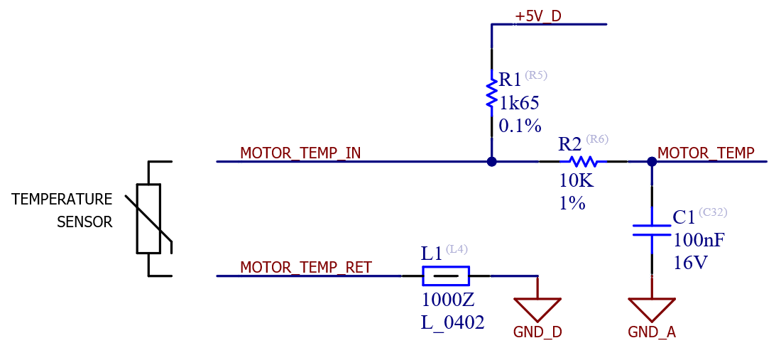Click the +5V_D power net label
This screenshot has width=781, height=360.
pos(537,16)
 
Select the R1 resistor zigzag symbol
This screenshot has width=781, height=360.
pos(491,94)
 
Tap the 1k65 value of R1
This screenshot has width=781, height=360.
pos(519,104)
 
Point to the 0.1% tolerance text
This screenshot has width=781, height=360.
pos(520,126)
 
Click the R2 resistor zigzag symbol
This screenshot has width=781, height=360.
pos(584,162)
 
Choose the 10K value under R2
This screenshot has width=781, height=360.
pos(575,181)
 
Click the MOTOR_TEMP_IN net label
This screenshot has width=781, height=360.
pos(300,153)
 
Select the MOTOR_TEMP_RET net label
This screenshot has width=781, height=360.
pos(305,268)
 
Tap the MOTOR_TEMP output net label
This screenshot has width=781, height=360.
pos(706,153)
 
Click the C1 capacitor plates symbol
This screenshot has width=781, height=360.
pos(652,230)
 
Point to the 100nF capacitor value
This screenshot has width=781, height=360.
pos(699,240)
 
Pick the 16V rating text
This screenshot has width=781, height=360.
pos(690,263)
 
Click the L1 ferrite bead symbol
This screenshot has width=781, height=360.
pos(446,276)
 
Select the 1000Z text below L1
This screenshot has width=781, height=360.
pos(447,299)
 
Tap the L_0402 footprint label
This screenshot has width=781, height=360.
pos(452,322)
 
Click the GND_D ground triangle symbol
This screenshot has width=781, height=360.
pos(537,308)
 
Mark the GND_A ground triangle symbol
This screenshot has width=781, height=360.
pos(652,308)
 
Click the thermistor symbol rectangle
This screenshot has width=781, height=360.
pos(148,218)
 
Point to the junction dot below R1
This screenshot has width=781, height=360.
pos(491,162)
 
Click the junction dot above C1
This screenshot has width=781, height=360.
pos(652,162)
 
